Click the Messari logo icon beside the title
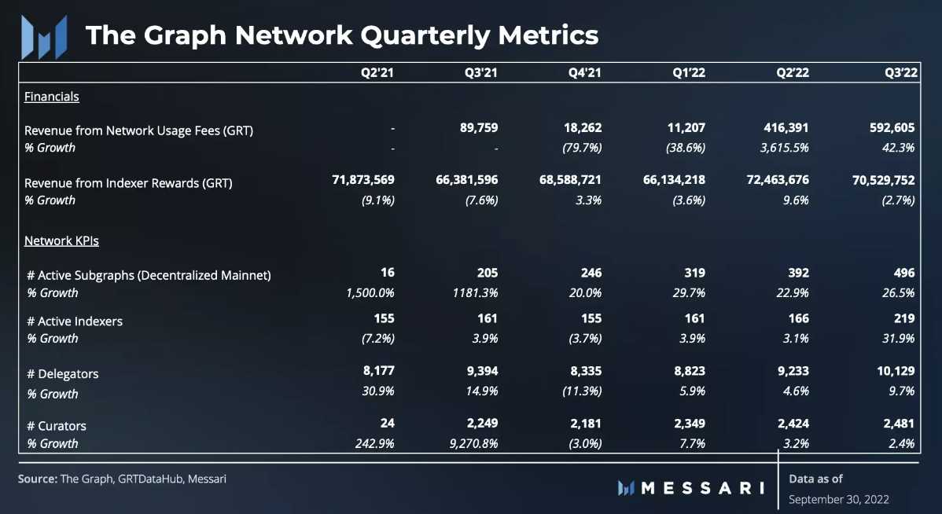point(42,36)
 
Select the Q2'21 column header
point(377,73)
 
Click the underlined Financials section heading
point(52,97)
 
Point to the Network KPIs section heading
point(61,240)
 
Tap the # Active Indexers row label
point(75,321)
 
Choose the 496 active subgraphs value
point(904,273)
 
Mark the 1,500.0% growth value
point(367,292)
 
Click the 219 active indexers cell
point(904,318)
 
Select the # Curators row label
point(57,425)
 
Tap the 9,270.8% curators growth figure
point(470,443)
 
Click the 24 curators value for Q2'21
point(387,423)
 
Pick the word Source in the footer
point(37,478)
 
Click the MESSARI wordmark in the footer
point(702,487)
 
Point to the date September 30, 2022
point(838,499)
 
